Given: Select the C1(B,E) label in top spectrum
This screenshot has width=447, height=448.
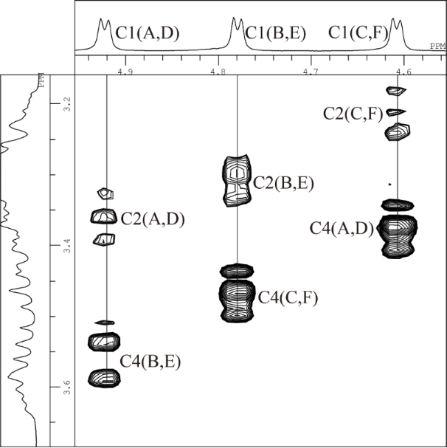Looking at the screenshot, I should tap(276, 33).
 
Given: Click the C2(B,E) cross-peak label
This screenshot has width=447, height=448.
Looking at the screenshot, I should tap(284, 183).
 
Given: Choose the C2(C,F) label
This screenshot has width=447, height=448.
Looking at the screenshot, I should tap(353, 114).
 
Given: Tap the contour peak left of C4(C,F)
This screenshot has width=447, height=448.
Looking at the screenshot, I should tap(237, 294).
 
